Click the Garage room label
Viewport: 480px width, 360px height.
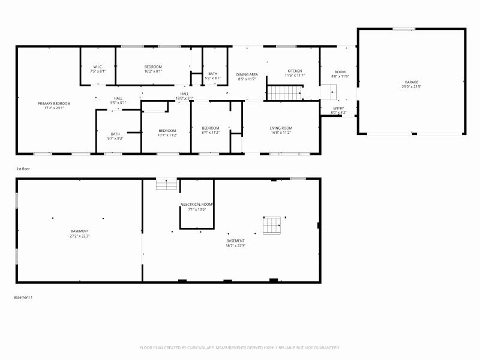(411, 82)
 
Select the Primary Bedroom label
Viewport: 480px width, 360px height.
(50, 103)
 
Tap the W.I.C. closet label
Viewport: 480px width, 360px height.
(98, 67)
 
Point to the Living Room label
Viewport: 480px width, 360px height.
(280, 128)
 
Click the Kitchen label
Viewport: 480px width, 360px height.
(295, 71)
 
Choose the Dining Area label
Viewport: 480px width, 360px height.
(247, 74)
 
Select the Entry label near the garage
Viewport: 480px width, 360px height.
(339, 108)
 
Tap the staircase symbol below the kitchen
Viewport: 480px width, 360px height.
(284, 93)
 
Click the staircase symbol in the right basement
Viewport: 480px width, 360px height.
(272, 225)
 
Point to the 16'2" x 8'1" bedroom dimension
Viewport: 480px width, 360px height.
(153, 71)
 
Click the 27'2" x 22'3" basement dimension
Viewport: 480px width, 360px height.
(80, 236)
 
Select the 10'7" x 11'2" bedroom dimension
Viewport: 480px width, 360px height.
(167, 135)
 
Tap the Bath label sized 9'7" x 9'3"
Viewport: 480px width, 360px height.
(115, 134)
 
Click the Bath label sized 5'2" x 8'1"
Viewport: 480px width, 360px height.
(213, 74)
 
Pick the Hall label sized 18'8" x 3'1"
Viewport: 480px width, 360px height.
(184, 94)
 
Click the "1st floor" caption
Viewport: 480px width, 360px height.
(22, 169)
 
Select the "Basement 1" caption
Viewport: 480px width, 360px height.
(22, 297)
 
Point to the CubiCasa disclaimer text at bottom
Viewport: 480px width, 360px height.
(240, 347)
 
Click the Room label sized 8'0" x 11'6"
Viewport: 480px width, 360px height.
(340, 72)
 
